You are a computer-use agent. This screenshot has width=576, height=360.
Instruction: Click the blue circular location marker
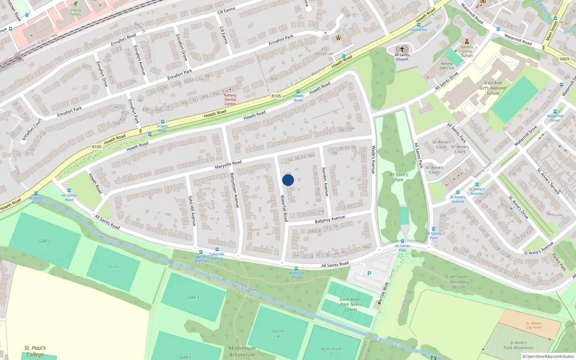tap(288, 180)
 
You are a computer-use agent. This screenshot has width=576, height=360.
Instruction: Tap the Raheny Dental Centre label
tap(230, 99)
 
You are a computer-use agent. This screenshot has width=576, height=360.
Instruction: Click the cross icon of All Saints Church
tap(402, 49)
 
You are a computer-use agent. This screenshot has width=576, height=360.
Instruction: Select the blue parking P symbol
tap(369, 274)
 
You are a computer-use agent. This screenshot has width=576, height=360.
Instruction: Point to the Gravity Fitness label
tap(76, 12)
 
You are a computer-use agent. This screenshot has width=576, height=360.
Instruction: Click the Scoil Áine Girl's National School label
tap(493, 88)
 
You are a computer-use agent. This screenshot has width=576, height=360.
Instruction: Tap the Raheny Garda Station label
tap(467, 51)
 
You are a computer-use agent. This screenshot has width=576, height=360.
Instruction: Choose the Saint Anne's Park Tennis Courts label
tap(351, 304)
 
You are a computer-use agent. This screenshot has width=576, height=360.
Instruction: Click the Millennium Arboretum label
tap(242, 351)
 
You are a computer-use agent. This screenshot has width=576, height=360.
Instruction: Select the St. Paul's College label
tap(35, 351)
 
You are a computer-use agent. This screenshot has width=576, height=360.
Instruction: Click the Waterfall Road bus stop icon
tap(296, 269)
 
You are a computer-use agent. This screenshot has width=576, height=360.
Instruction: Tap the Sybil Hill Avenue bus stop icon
tap(201, 252)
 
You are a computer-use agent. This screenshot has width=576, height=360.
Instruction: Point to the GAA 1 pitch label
tap(45, 241)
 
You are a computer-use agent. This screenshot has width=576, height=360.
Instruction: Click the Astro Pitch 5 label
tap(331, 351)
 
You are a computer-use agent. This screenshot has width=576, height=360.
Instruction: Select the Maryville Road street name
tap(228, 165)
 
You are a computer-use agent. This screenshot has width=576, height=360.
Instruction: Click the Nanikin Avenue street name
tap(325, 182)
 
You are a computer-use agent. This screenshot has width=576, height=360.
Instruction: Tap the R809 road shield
tap(565, 59)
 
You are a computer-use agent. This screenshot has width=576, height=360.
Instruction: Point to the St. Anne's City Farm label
tap(534, 325)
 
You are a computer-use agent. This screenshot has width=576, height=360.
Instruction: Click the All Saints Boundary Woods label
tap(459, 282)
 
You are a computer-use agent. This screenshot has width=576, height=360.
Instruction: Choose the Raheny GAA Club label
tap(447, 66)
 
